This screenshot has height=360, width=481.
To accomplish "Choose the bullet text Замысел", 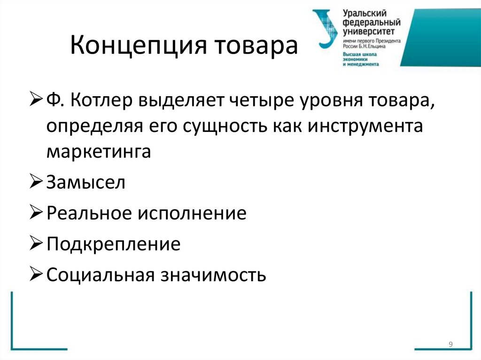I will [86, 182].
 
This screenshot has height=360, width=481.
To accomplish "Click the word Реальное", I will [89, 213].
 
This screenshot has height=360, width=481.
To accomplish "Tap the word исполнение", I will [192, 213].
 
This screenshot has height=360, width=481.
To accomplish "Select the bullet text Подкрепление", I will [113, 244].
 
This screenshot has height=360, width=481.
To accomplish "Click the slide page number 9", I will [450, 345].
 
